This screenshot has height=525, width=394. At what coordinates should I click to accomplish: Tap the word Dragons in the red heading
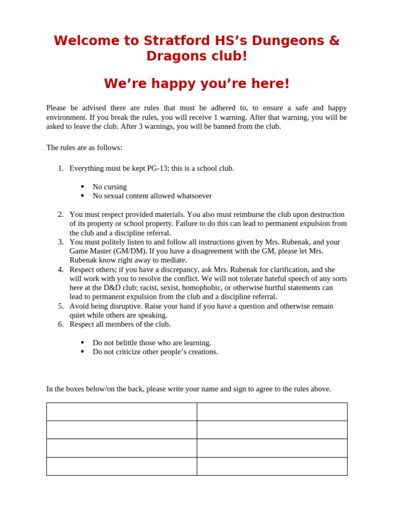[171, 56]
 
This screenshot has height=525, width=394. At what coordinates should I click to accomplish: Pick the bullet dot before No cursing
[83, 187]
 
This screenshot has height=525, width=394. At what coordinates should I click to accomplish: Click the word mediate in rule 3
[172, 260]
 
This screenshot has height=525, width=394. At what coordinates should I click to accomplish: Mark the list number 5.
[61, 306]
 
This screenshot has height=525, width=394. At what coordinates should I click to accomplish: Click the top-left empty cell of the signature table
[122, 412]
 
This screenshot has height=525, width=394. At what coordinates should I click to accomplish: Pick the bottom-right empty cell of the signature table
[272, 467]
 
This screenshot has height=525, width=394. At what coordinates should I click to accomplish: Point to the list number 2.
[61, 214]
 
